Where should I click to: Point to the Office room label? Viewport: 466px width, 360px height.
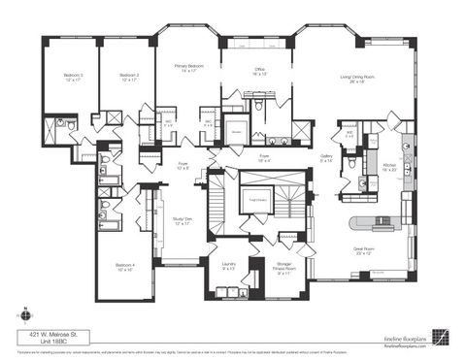pyautogui.click(x=260, y=72)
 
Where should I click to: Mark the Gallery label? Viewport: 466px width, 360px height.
pyautogui.click(x=327, y=157)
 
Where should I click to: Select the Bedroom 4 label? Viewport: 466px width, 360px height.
pyautogui.click(x=124, y=266)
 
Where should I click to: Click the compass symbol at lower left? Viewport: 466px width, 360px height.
pyautogui.click(x=22, y=313)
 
